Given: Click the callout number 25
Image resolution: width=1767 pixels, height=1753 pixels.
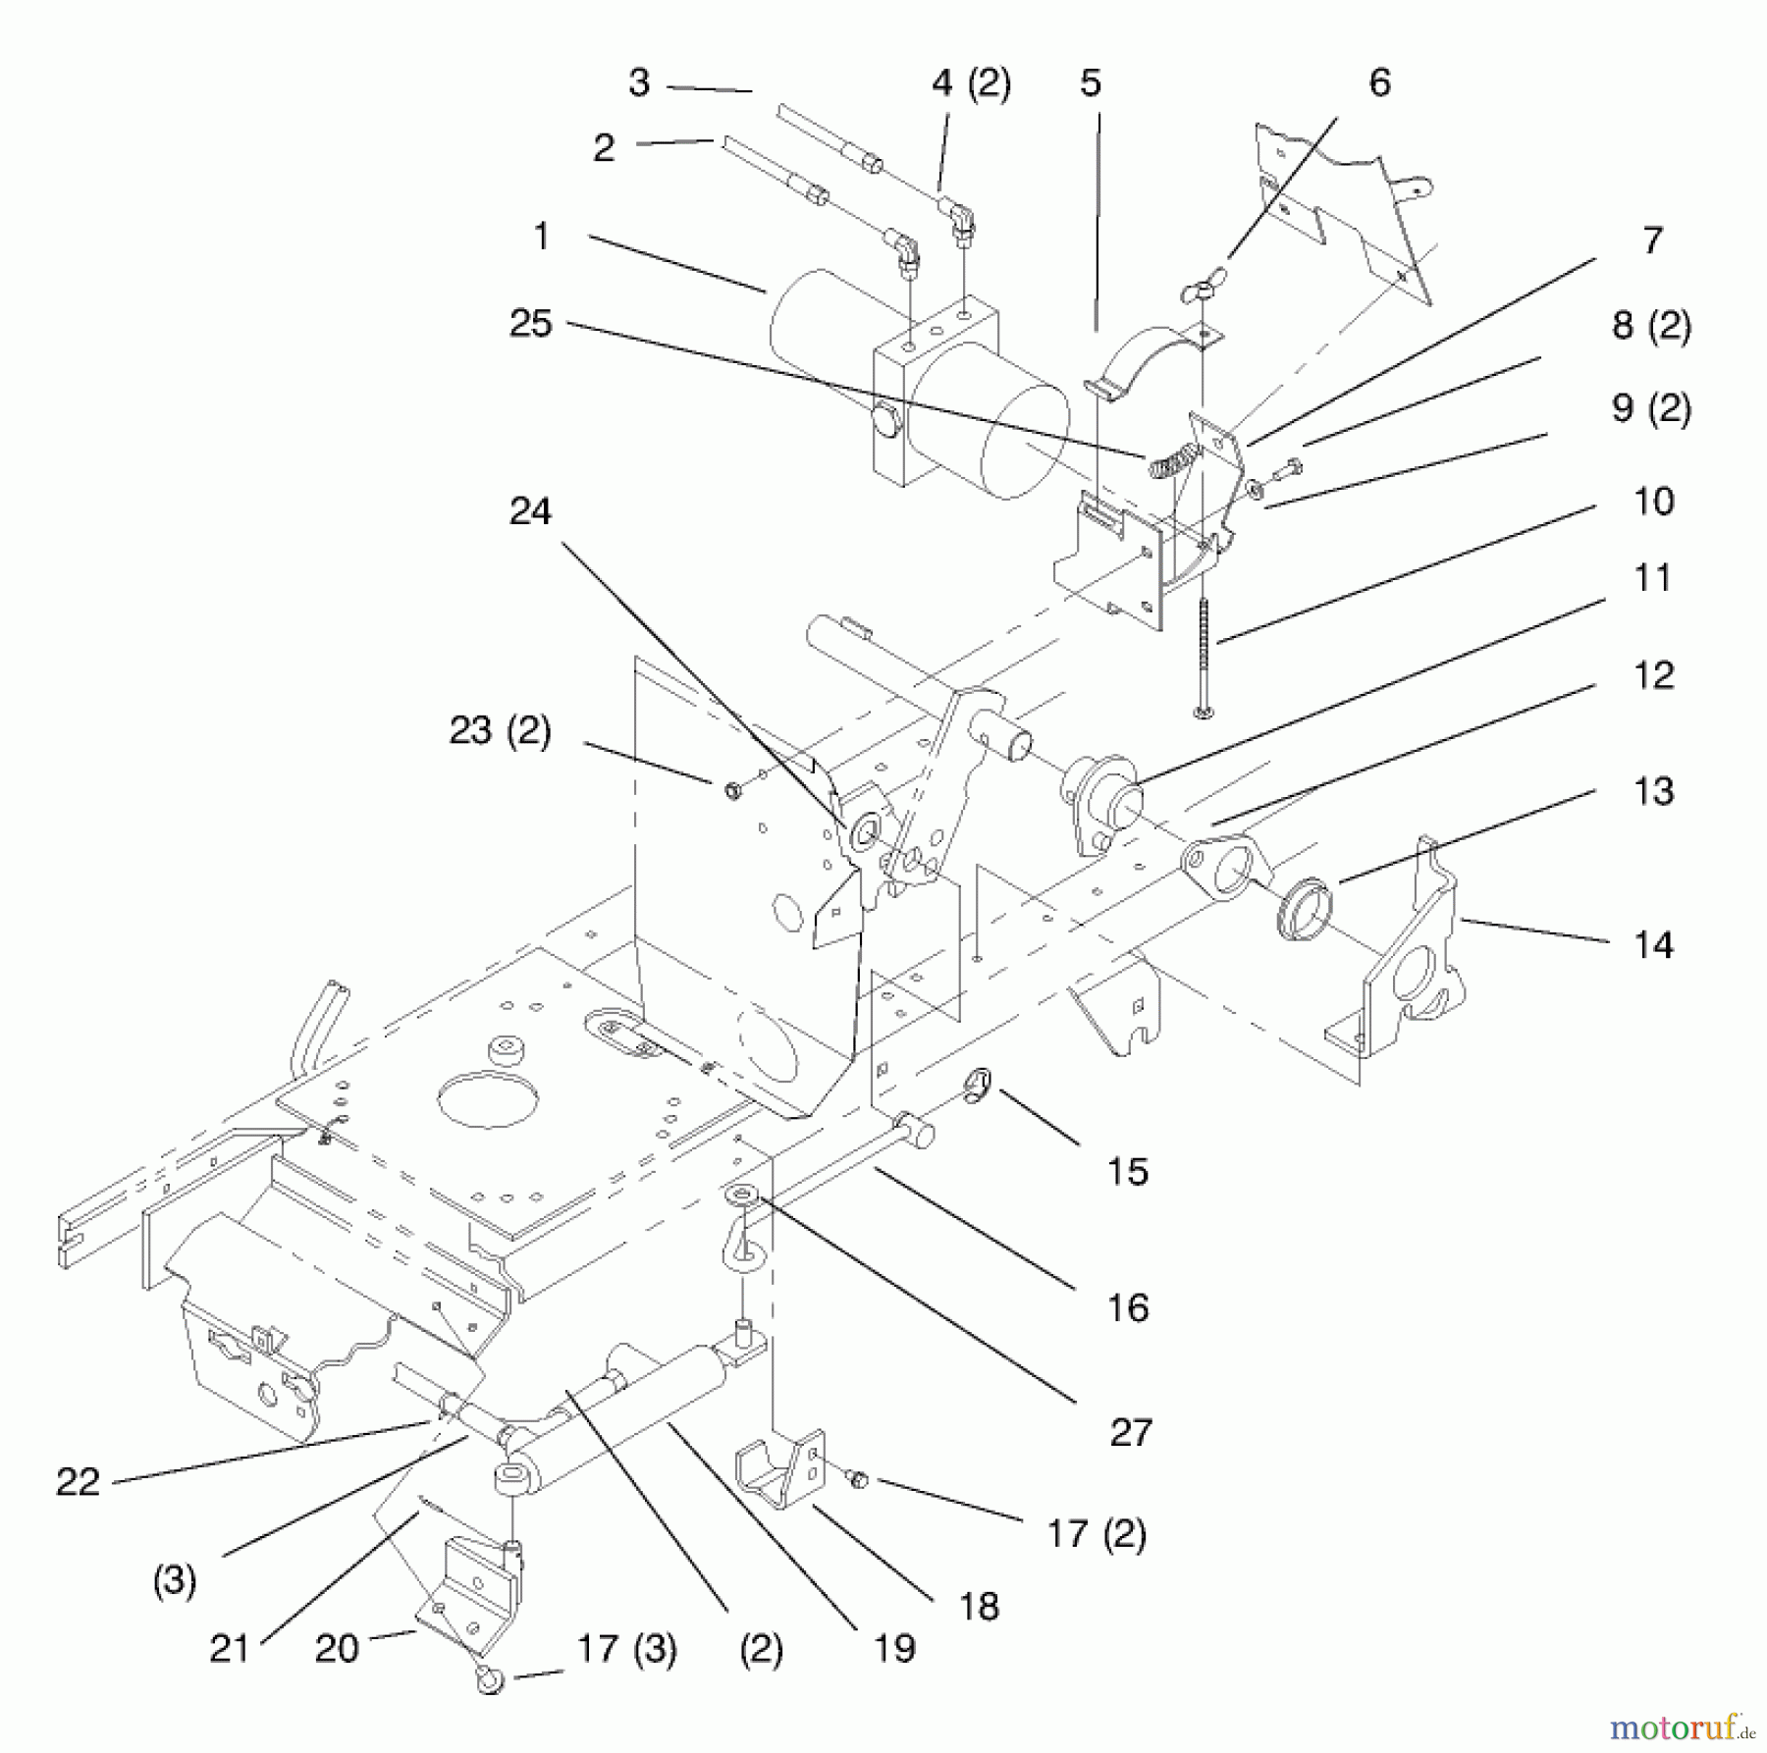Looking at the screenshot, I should pyautogui.click(x=530, y=324).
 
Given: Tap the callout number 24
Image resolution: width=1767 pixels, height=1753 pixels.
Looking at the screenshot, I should pyautogui.click(x=530, y=511).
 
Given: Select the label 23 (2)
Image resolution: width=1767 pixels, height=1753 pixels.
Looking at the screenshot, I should pyautogui.click(x=500, y=730).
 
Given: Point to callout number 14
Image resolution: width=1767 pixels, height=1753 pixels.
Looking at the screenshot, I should pyautogui.click(x=1653, y=944).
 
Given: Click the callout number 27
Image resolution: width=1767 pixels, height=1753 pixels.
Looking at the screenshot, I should pyautogui.click(x=1130, y=1432).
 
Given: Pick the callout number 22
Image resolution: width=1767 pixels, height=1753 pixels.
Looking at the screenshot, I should pyautogui.click(x=78, y=1481).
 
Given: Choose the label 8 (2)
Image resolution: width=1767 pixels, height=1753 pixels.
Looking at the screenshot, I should pyautogui.click(x=1652, y=326).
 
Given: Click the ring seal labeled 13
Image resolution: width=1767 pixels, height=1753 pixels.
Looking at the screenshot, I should pyautogui.click(x=1304, y=909).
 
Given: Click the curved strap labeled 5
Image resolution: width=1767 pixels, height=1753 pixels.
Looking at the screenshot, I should pyautogui.click(x=1139, y=369).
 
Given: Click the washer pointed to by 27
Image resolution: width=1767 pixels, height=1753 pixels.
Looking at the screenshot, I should pyautogui.click(x=738, y=1195).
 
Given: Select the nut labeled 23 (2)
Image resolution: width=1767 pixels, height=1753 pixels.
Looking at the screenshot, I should pyautogui.click(x=731, y=789).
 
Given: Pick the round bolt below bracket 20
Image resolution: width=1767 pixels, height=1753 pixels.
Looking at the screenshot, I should pyautogui.click(x=491, y=1679).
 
